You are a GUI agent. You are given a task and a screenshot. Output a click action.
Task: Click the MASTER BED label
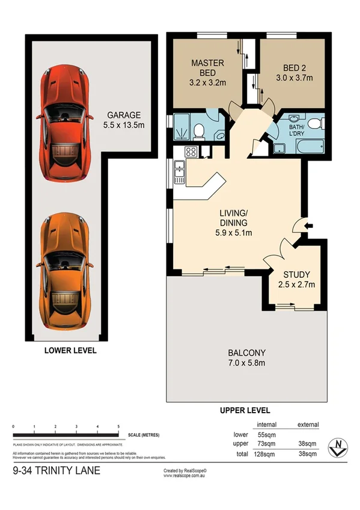(207, 67)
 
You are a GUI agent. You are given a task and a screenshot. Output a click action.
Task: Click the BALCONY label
(246, 357)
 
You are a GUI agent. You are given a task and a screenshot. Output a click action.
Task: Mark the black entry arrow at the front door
(309, 226)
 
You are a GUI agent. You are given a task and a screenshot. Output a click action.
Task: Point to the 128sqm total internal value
(261, 453)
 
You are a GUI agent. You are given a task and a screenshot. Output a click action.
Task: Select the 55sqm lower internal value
(263, 434)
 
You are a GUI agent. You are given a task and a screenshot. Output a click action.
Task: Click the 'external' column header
(308, 425)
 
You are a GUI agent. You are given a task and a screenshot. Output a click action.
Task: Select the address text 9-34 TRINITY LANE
(56, 471)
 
